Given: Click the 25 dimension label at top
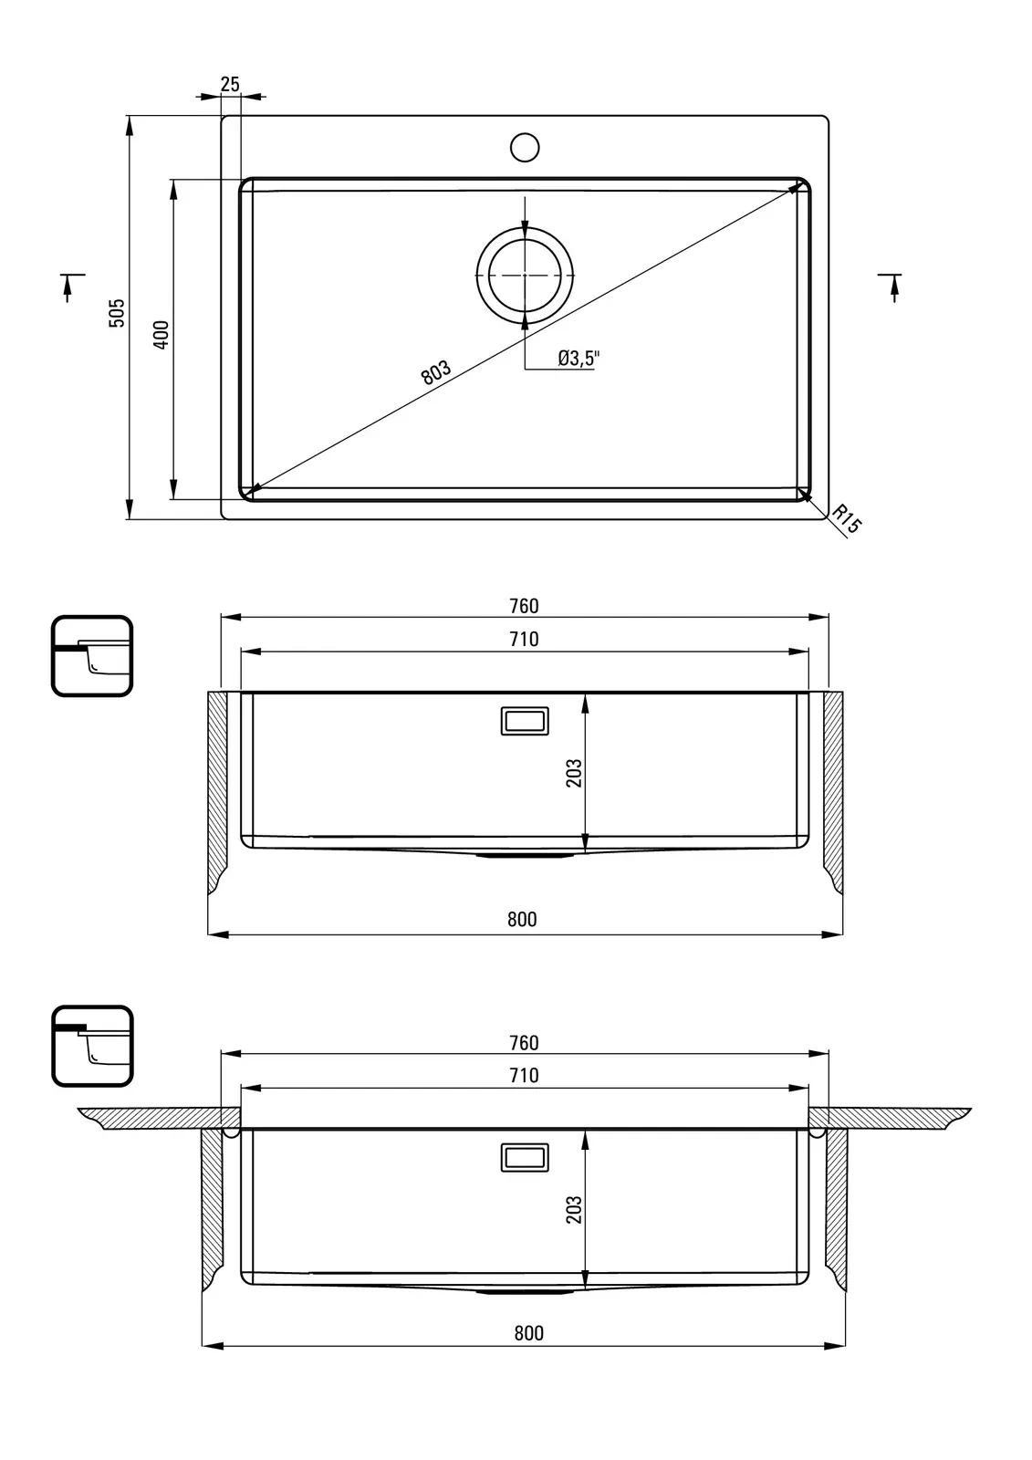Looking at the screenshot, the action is click(229, 84).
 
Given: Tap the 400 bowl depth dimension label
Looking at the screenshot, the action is click(161, 334).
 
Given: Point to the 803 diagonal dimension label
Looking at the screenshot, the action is click(435, 371).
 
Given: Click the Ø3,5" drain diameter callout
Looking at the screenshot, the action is click(579, 358).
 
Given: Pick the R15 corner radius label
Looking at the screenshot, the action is click(846, 519).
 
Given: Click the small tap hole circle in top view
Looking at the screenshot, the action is click(524, 147).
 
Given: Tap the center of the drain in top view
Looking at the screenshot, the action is click(525, 275).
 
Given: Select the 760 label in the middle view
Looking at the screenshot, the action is click(524, 606).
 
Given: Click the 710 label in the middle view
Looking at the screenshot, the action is click(524, 640).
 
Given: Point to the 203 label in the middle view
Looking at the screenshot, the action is click(574, 773).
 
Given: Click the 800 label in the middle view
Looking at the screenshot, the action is click(522, 920).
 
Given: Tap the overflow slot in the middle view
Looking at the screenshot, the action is click(525, 721).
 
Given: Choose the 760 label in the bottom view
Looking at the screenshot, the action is click(524, 1043).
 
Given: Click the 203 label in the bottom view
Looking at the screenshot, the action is click(574, 1209).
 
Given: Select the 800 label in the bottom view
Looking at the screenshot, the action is click(528, 1333).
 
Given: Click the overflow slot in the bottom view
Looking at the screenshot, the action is click(525, 1158).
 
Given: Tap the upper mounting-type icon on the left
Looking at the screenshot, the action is click(92, 656).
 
